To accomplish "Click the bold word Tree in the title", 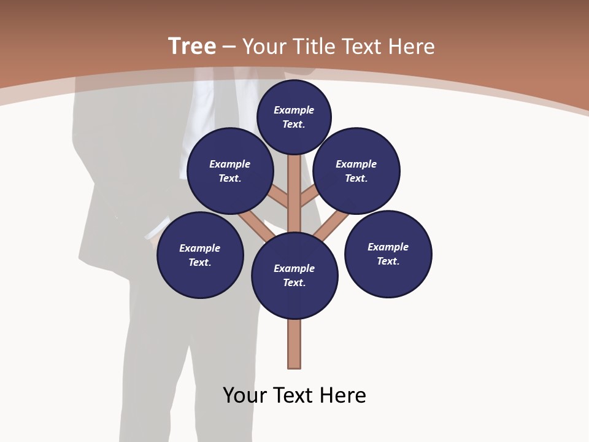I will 192,47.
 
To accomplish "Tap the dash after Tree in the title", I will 228,47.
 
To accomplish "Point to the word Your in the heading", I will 265,47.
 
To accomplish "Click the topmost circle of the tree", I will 294,117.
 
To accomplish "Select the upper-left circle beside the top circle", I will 230,171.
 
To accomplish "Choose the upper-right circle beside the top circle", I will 356,171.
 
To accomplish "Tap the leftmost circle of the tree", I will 200,255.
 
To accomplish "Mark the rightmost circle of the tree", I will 388,254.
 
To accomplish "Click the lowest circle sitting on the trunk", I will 294,276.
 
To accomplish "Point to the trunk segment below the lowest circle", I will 294,344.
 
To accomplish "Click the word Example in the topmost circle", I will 294,110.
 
